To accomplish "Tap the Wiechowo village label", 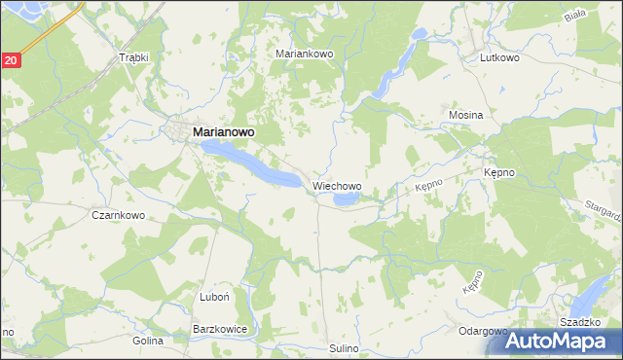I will tap(337, 185).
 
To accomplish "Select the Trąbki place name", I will tap(132, 57).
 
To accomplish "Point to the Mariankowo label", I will tap(305, 54).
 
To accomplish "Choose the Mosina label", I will tap(466, 115).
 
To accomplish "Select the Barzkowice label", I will tap(220, 330).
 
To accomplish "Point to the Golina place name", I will tap(148, 342).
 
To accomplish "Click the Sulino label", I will tap(345, 347).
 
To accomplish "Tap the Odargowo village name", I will tap(483, 331).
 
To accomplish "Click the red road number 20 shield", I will tap(10, 60).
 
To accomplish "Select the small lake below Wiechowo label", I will tap(346, 199).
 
